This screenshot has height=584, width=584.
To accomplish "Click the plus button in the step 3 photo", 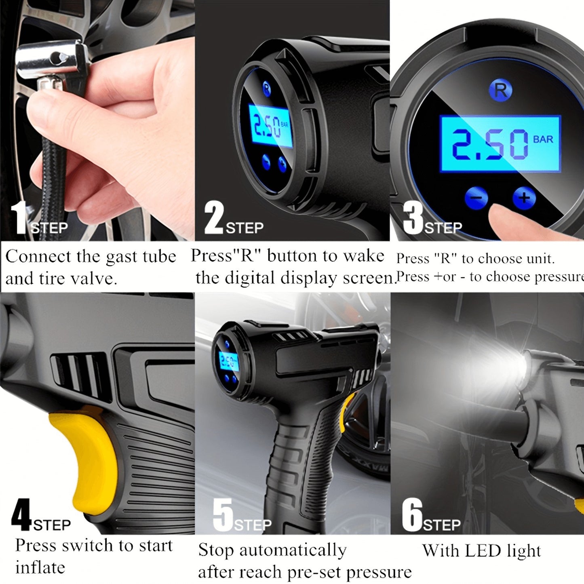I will point(524,198).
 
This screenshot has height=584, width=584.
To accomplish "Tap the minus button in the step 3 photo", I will point(477,198).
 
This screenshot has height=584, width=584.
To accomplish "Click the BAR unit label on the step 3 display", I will point(543,139).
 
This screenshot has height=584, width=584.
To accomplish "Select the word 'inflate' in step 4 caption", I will point(40,568).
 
